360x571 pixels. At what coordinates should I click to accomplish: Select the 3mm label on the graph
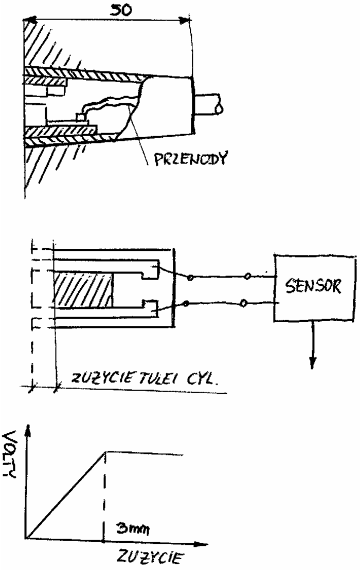[132, 528]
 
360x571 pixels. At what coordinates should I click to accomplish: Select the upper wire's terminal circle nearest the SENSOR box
[247, 277]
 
